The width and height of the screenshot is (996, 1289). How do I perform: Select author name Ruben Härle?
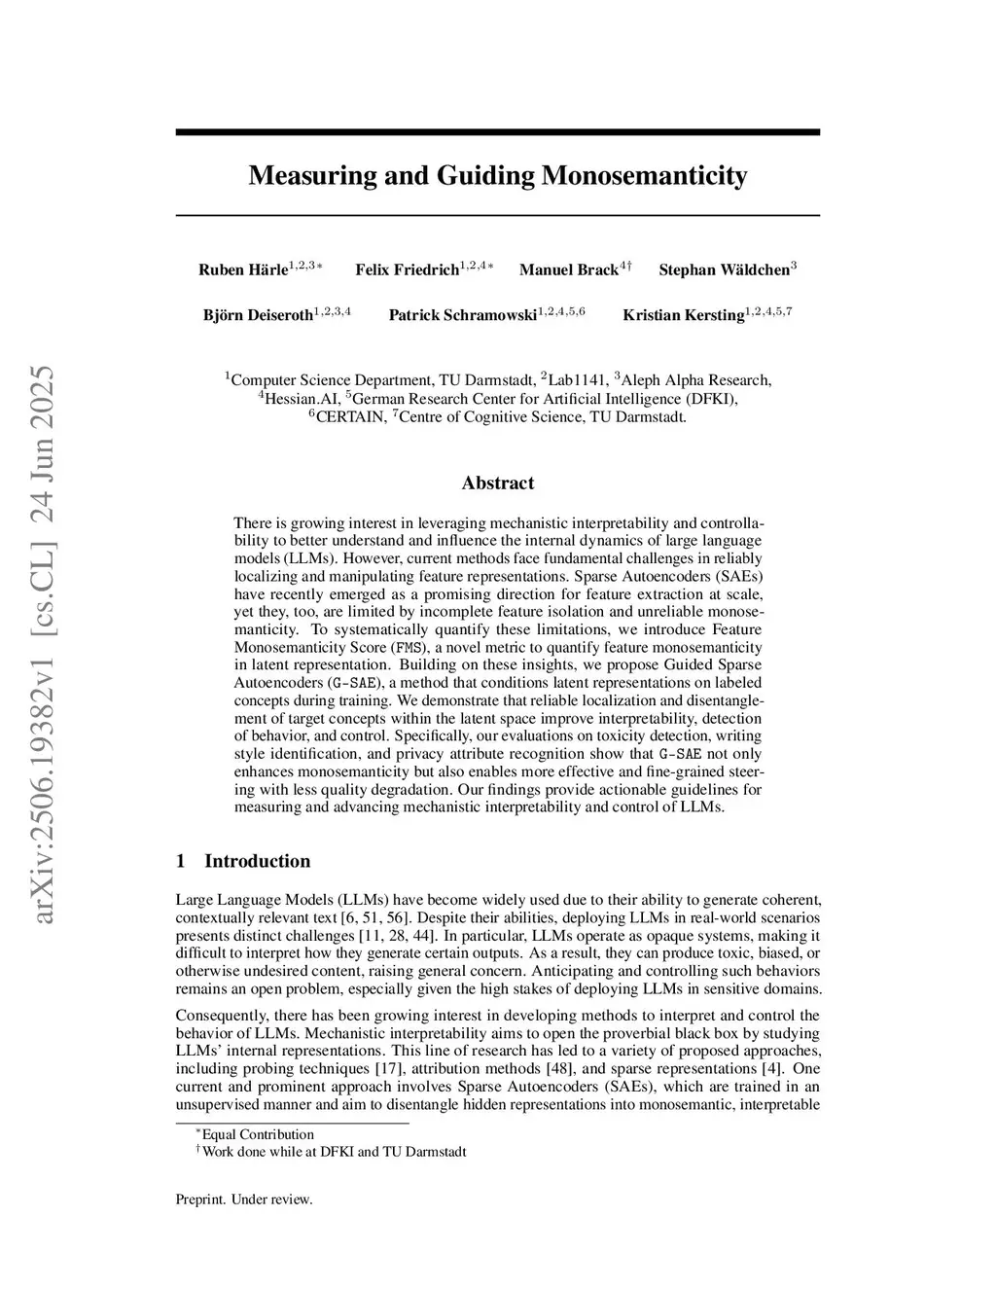point(243,270)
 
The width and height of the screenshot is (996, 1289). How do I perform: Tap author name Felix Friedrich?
point(407,270)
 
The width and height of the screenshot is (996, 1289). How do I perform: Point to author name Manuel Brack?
point(568,270)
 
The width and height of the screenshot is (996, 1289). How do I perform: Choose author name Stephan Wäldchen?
point(724,270)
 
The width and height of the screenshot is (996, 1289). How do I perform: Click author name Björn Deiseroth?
point(258,315)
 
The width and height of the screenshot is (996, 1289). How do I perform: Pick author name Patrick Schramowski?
point(463,315)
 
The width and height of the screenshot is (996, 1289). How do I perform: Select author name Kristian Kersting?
point(683,315)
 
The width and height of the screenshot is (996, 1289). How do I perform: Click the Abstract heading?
point(497,483)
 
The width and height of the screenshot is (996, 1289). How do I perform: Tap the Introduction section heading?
point(257,861)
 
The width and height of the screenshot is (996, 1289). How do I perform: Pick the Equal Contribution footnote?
point(257,1134)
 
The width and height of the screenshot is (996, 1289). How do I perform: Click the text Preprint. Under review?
point(244,1199)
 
